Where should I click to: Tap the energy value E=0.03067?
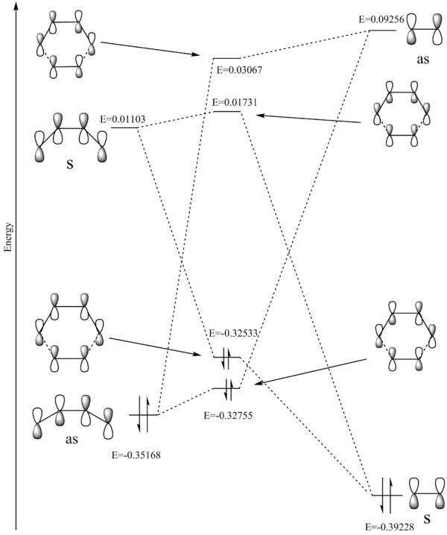click(x=238, y=69)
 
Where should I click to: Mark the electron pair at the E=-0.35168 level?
click(x=142, y=414)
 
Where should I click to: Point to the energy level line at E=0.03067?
click(x=226, y=58)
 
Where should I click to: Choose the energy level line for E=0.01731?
click(x=226, y=112)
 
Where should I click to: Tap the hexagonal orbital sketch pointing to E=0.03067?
click(x=66, y=45)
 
